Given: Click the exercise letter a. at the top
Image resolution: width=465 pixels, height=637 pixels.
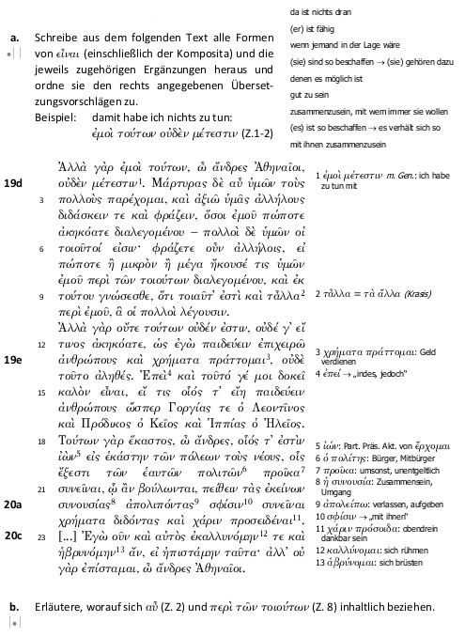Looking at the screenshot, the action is point(14,38).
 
